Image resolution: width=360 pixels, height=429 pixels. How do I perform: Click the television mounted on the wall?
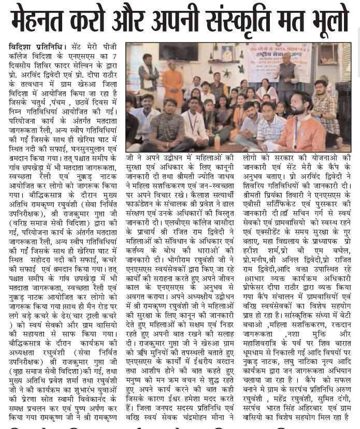click(179, 51)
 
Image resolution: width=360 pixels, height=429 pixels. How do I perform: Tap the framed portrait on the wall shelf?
click(227, 54)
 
